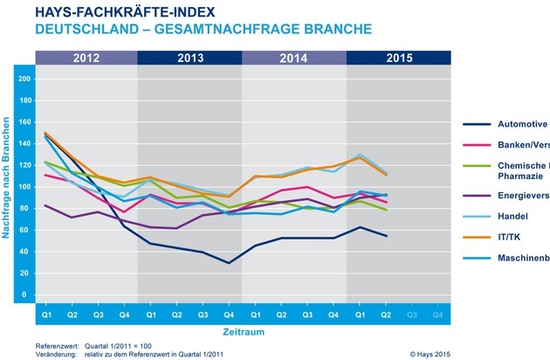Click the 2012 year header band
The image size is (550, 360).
click(x=86, y=59)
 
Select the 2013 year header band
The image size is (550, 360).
click(x=189, y=59)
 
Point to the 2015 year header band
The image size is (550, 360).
click(x=398, y=59)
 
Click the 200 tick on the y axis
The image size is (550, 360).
click(x=24, y=79)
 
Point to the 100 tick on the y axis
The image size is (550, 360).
click(x=24, y=187)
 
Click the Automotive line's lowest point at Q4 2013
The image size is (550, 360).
click(x=229, y=262)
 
